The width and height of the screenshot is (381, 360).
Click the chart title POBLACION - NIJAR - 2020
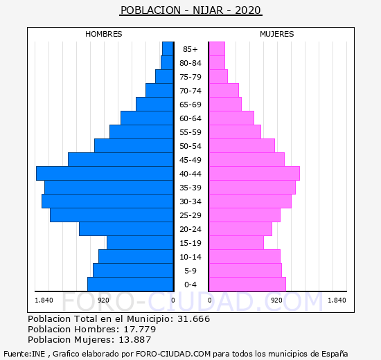click(x=190, y=10)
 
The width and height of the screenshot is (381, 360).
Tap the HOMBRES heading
click(x=103, y=34)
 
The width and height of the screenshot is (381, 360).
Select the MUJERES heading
click(x=277, y=34)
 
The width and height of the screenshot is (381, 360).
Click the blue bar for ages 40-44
click(x=105, y=174)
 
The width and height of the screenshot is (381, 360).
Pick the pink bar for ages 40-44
click(x=254, y=174)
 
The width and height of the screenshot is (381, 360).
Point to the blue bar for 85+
click(x=168, y=49)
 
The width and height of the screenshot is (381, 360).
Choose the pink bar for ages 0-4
click(x=247, y=285)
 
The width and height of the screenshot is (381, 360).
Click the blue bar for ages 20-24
click(x=126, y=229)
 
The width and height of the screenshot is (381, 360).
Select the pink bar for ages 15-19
click(x=236, y=243)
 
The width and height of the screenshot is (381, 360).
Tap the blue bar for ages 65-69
click(x=154, y=105)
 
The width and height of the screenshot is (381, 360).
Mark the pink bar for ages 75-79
click(x=218, y=77)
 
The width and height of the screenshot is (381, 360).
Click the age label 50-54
click(x=190, y=146)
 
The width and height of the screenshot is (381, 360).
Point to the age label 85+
click(x=190, y=49)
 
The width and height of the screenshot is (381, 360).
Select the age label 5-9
click(x=190, y=271)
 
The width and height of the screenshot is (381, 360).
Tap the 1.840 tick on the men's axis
click(x=44, y=300)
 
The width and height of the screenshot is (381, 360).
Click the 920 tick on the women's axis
click(x=277, y=300)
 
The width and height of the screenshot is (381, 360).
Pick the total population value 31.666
click(x=194, y=319)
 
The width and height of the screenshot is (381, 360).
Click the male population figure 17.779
click(x=140, y=330)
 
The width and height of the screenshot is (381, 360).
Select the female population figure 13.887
click(x=135, y=340)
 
